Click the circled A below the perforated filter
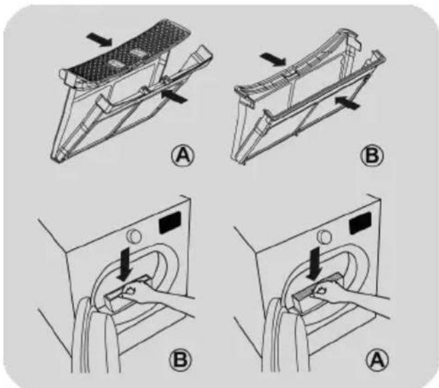click(x=182, y=156)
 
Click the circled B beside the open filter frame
click(x=372, y=156)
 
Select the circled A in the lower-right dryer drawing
click(x=378, y=361)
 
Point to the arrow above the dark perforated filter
click(x=100, y=39)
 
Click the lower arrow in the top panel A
click(x=174, y=97)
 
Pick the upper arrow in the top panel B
click(x=273, y=60)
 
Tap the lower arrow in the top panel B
click(x=347, y=102)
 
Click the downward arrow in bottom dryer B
click(x=124, y=264)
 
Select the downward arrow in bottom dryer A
click(x=315, y=263)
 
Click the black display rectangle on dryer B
click(x=169, y=222)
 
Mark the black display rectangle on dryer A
click(x=360, y=222)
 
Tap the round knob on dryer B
click(x=134, y=236)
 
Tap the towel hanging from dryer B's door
click(x=95, y=336)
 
